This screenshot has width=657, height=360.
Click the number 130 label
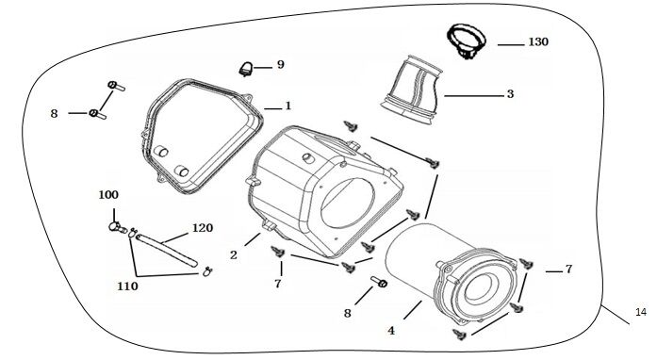click(x=537, y=43)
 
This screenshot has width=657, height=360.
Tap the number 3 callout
click(x=509, y=94)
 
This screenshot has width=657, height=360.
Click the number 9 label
click(x=280, y=64)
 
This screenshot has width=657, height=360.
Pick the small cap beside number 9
click(x=247, y=66)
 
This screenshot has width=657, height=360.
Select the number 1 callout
click(x=288, y=105)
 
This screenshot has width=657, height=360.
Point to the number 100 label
click(x=109, y=194)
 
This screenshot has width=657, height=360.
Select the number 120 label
click(x=203, y=228)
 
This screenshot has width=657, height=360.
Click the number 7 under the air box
click(x=277, y=283)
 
